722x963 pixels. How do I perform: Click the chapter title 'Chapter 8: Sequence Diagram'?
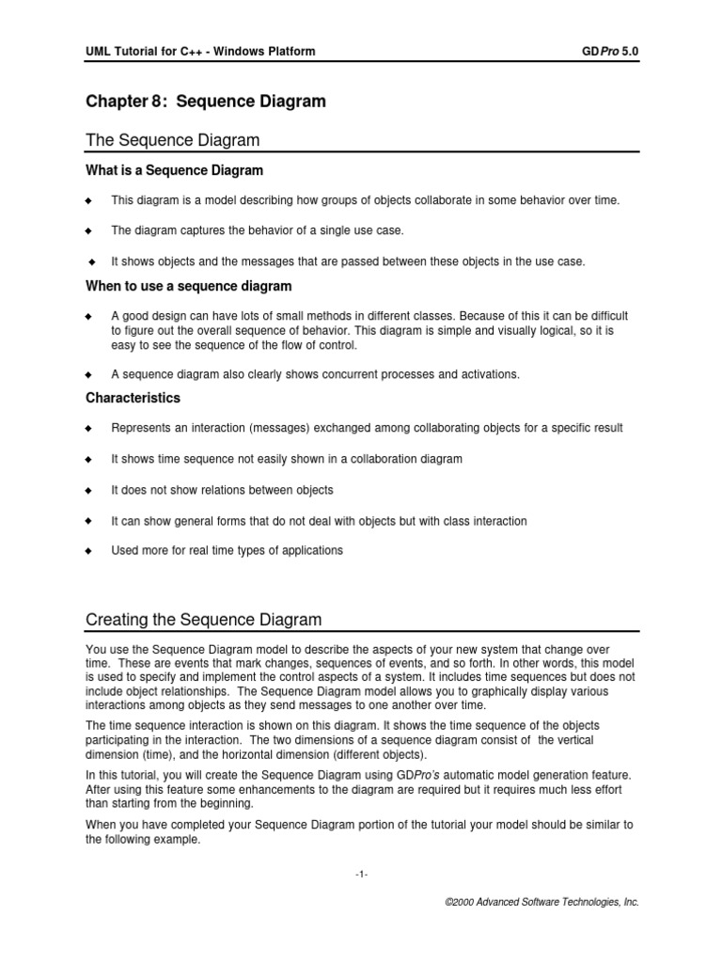tap(206, 102)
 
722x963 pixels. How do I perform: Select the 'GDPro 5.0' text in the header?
tap(611, 51)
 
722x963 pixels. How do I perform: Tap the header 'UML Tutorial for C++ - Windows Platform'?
tap(200, 51)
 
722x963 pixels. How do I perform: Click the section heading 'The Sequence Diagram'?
tap(172, 140)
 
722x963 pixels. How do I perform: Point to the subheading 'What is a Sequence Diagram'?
tap(174, 170)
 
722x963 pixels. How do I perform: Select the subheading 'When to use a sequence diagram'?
tap(188, 285)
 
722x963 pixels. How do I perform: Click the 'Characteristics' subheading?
tap(133, 398)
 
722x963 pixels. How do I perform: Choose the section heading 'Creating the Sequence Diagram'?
tap(203, 620)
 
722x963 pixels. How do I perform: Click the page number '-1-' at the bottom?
tap(362, 875)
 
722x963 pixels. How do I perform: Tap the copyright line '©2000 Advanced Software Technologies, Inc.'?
tap(541, 901)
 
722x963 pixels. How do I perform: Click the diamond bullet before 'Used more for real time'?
tap(89, 551)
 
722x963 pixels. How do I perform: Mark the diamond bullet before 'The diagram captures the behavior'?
tap(89, 231)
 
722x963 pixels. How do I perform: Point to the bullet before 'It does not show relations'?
tap(89, 490)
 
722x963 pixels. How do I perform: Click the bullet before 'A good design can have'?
tap(89, 316)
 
